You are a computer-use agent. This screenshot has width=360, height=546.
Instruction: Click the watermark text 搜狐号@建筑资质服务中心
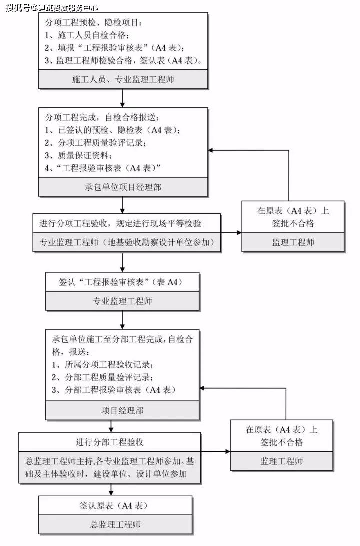point(52,7)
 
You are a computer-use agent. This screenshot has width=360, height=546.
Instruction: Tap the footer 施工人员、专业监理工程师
point(123,79)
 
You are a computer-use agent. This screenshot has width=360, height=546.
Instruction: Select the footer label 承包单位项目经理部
point(123,187)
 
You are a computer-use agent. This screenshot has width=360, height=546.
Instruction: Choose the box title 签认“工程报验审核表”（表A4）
point(122,282)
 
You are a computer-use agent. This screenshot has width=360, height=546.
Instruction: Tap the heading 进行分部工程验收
point(110,442)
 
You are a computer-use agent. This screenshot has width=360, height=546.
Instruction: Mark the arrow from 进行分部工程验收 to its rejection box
point(215,451)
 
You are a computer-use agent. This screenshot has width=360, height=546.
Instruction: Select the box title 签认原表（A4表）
point(115,505)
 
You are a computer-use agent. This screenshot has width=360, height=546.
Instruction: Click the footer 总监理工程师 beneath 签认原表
point(115,524)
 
